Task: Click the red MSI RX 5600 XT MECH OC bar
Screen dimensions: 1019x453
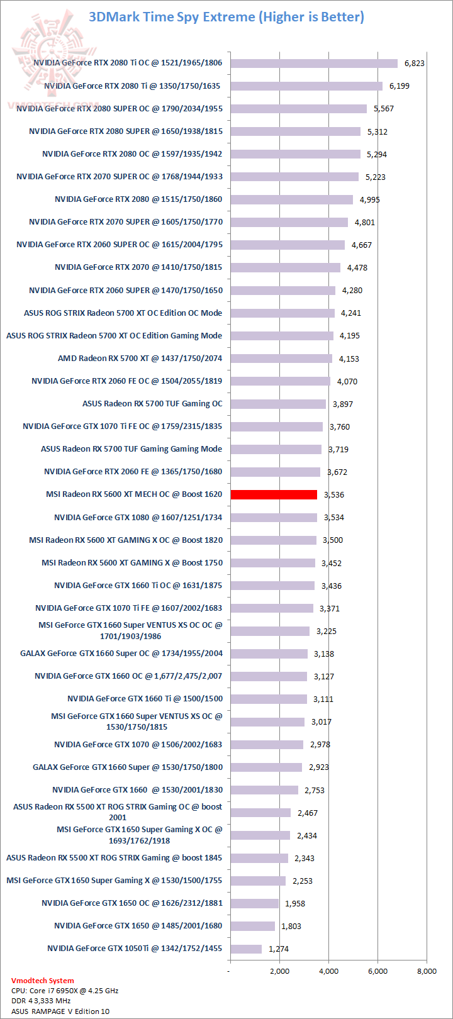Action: (x=274, y=494)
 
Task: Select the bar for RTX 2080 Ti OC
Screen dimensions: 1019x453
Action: (x=314, y=63)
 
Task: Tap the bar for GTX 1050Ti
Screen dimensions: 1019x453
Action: (x=246, y=949)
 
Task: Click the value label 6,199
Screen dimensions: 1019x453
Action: (x=399, y=86)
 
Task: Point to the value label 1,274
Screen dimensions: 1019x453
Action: (x=279, y=949)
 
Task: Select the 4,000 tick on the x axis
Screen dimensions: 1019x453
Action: (x=328, y=971)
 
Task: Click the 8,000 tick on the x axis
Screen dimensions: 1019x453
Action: (x=427, y=971)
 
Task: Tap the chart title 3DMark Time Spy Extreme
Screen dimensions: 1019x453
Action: (x=226, y=17)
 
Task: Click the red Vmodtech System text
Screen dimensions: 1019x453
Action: (x=42, y=980)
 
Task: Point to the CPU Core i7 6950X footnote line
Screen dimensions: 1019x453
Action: (x=65, y=990)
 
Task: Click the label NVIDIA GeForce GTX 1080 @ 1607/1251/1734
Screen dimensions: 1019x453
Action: (x=138, y=517)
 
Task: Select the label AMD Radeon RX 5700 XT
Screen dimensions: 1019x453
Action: (x=140, y=359)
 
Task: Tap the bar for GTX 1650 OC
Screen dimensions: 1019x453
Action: (x=254, y=903)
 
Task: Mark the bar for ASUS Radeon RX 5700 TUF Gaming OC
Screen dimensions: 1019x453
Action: (x=278, y=404)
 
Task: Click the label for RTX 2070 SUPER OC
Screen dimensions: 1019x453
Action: (x=120, y=177)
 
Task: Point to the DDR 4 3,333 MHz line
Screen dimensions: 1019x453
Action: (x=41, y=1001)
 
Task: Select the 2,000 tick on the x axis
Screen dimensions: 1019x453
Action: (x=279, y=971)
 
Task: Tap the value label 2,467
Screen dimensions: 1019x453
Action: (x=308, y=813)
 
